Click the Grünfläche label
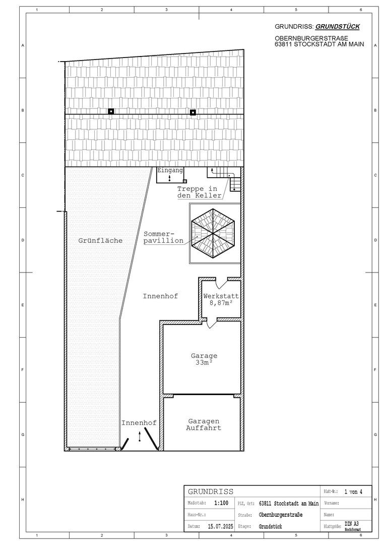100,240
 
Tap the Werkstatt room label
221,296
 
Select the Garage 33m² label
204,359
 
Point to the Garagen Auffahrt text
204,424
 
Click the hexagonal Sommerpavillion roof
213,233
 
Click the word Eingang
170,171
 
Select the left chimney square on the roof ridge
111,111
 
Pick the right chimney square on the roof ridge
192,112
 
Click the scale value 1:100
221,503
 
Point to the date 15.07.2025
221,526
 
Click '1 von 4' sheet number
353,492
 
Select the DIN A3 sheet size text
352,524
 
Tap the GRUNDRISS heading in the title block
211,492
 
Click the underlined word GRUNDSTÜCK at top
338,26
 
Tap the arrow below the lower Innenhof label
140,436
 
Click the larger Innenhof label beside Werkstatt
160,296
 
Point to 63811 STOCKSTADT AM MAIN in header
319,44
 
